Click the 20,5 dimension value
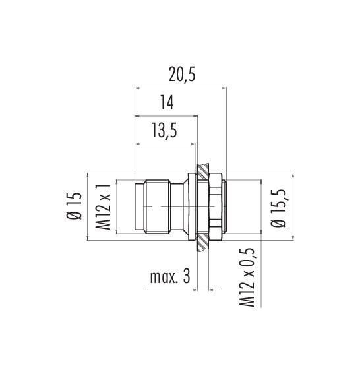(x=182, y=75)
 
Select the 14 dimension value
(x=167, y=102)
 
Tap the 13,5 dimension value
(x=164, y=131)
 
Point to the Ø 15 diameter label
(x=75, y=206)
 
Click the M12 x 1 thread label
(x=104, y=207)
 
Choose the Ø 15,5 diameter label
(x=278, y=208)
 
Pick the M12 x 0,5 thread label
(x=247, y=278)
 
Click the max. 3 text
(x=170, y=277)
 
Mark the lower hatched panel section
(x=203, y=243)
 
